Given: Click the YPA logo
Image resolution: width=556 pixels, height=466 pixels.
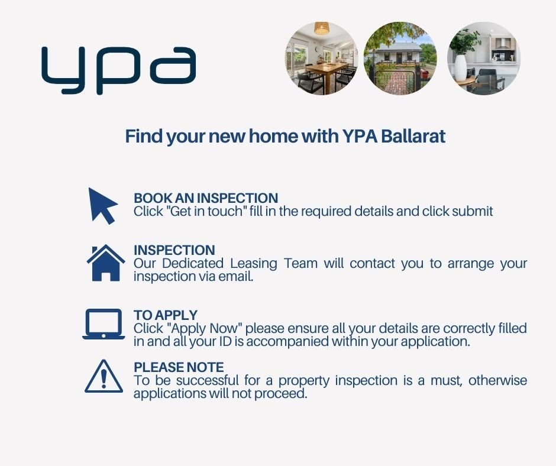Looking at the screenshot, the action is (118, 70).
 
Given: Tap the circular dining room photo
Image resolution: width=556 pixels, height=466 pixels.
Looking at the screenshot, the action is (321, 59).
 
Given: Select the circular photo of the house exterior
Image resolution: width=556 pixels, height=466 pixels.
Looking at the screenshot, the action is (400, 59).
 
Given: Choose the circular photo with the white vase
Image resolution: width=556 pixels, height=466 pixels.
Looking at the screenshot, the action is (484, 59).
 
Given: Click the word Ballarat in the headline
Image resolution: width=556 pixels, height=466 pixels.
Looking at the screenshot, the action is (413, 136).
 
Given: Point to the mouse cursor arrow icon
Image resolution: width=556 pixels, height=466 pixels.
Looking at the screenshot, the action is (103, 206).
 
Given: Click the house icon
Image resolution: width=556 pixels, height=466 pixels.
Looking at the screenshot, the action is (106, 263).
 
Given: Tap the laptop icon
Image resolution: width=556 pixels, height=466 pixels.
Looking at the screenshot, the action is (104, 324).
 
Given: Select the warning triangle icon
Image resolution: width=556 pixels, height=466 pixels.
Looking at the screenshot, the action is (104, 376).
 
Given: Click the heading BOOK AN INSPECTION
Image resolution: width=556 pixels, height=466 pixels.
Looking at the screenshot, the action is (206, 198).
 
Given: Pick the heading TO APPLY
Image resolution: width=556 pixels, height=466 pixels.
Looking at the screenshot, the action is (166, 315).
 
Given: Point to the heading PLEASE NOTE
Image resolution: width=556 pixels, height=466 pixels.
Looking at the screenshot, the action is (179, 367).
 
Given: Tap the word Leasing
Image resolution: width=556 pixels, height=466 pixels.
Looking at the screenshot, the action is (254, 264).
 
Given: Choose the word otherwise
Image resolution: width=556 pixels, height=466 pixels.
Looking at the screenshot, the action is (497, 380).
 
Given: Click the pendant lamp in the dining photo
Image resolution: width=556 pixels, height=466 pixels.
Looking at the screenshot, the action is (322, 28).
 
